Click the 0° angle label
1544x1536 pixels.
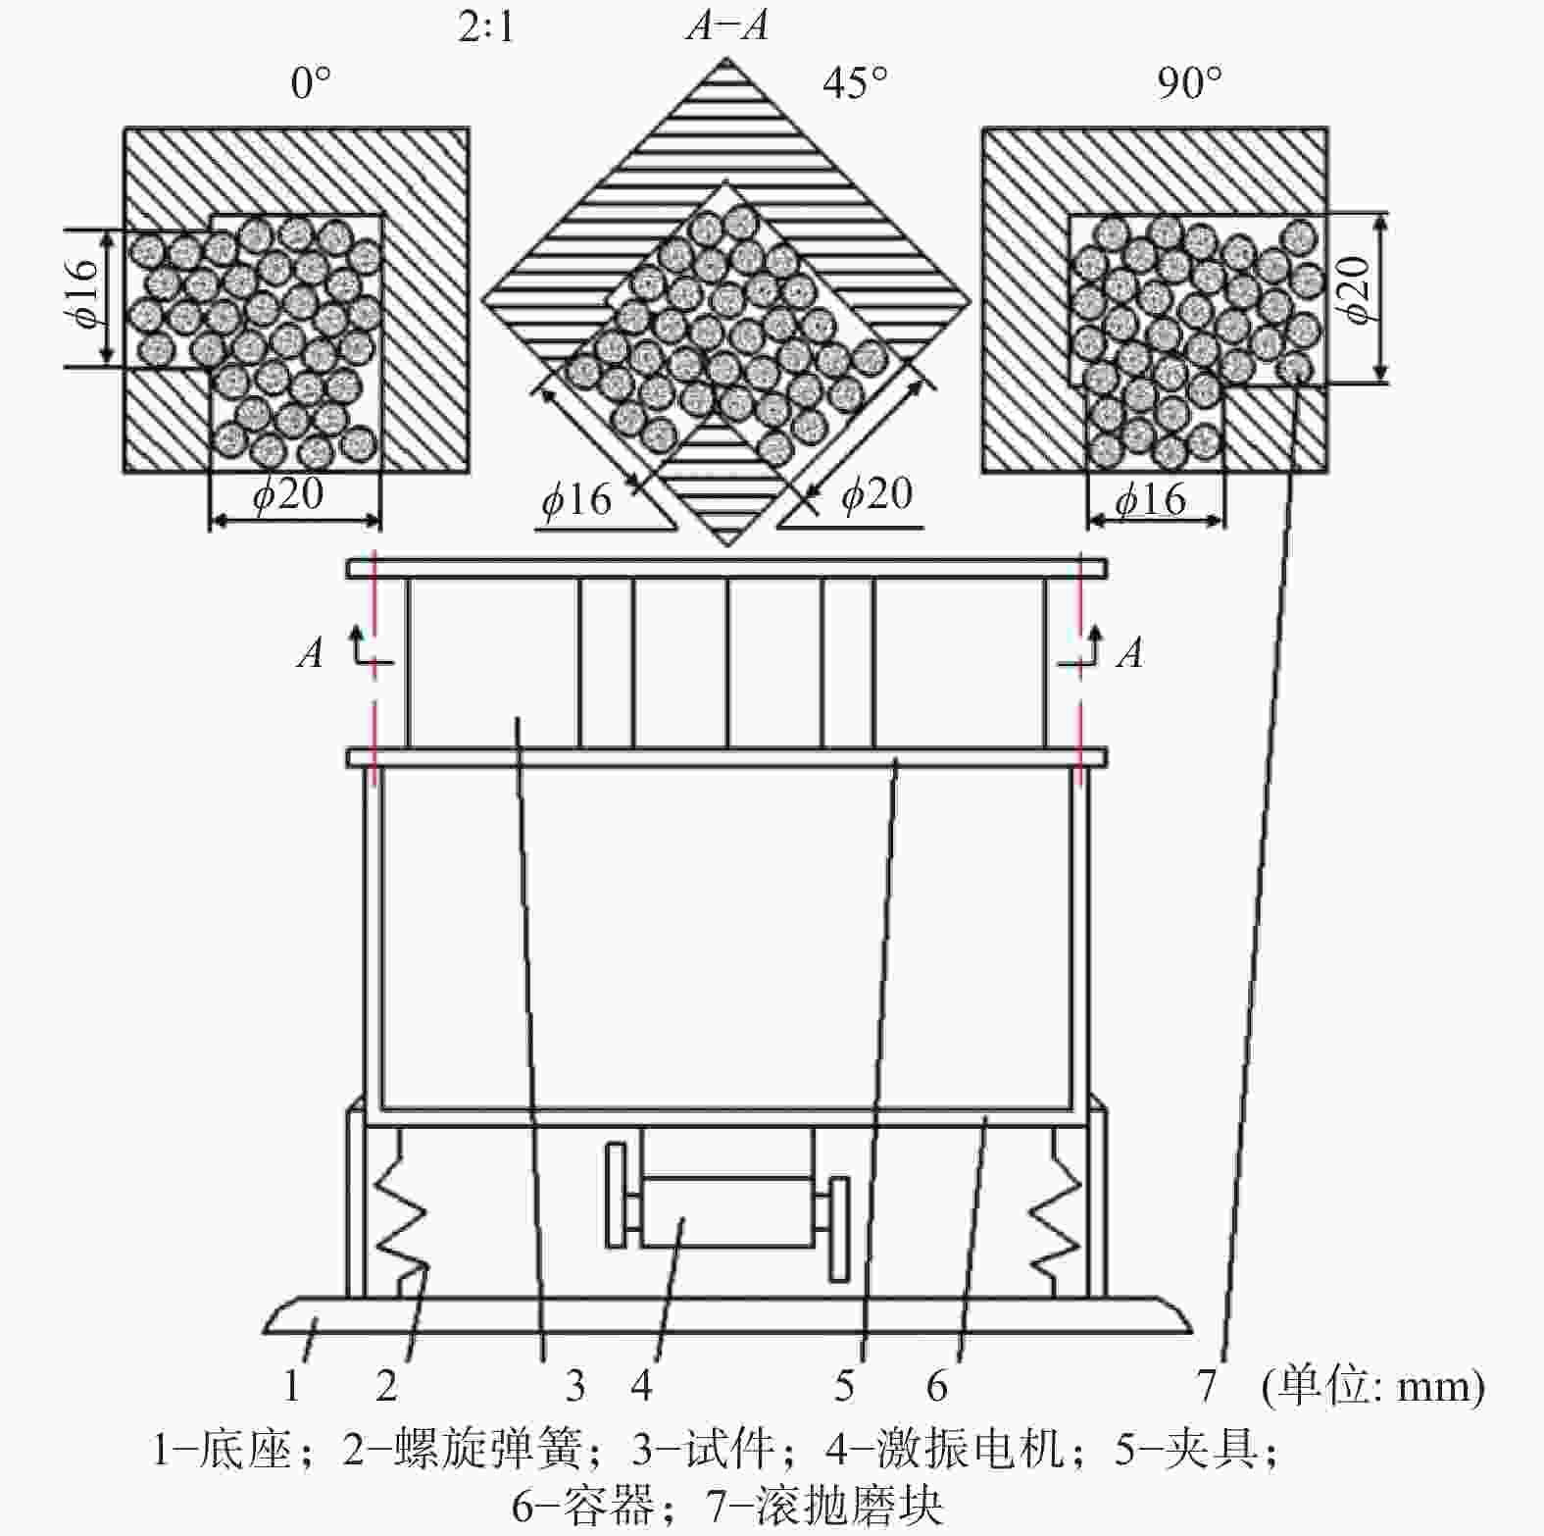pyautogui.click(x=311, y=83)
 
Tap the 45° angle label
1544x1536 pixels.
pyautogui.click(x=856, y=83)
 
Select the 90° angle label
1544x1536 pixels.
pyautogui.click(x=1190, y=83)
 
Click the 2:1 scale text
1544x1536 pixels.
pyautogui.click(x=486, y=26)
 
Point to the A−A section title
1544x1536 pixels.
pyautogui.click(x=726, y=25)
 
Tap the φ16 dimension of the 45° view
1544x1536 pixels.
pyautogui.click(x=576, y=500)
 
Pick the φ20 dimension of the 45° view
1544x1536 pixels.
pyautogui.click(x=876, y=493)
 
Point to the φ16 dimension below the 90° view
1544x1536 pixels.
pyautogui.click(x=1151, y=499)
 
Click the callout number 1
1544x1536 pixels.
pyautogui.click(x=291, y=1386)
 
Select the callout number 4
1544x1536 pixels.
pyautogui.click(x=641, y=1386)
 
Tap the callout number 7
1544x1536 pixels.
pyautogui.click(x=1207, y=1386)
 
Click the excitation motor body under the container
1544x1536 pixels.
pyautogui.click(x=725, y=1211)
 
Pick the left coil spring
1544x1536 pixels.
pyautogui.click(x=402, y=1213)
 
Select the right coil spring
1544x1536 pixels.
pyautogui.click(x=1055, y=1213)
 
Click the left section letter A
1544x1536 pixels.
pyautogui.click(x=311, y=652)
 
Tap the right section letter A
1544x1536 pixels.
pyautogui.click(x=1130, y=652)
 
